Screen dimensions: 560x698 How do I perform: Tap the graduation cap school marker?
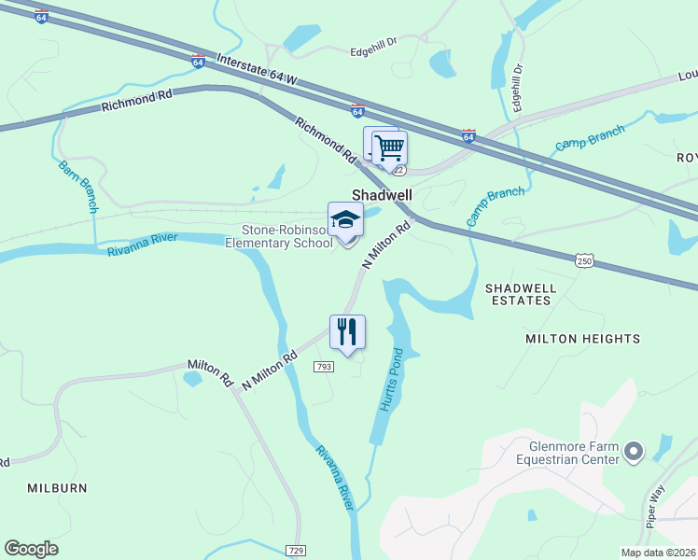[x=345, y=221]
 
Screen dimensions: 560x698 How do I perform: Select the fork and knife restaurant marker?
[x=347, y=331]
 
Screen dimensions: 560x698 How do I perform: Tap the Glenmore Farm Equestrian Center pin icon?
[x=634, y=453]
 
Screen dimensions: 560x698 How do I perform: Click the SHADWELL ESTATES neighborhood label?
[x=519, y=295]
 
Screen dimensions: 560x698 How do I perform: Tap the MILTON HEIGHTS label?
[x=583, y=339]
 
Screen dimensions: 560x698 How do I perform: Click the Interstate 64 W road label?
[x=256, y=70]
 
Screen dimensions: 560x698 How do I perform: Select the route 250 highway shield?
[x=584, y=262]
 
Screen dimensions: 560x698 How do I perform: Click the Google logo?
[x=31, y=549]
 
